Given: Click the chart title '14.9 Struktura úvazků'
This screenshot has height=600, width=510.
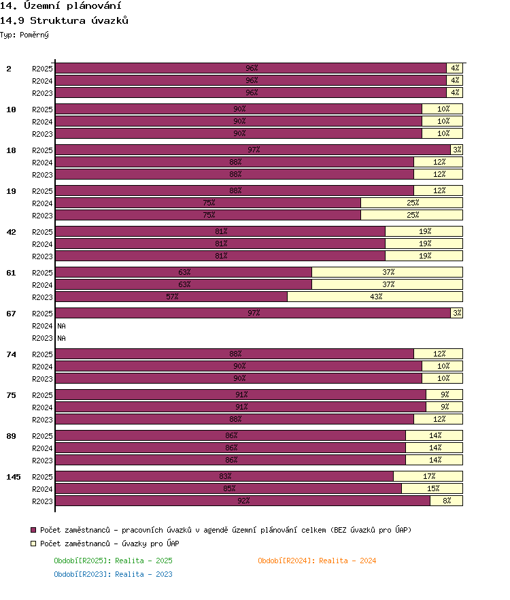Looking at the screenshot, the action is [x=64, y=20].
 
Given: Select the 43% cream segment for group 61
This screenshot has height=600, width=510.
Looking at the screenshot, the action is [x=375, y=297].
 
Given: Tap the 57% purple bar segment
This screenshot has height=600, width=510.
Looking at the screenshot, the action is [x=171, y=297].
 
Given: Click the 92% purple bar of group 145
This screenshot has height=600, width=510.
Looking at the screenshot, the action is [x=243, y=501].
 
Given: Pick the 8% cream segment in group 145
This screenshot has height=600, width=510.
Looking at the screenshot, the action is [x=447, y=501].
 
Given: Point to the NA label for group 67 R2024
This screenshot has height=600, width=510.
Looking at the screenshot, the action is [x=62, y=326].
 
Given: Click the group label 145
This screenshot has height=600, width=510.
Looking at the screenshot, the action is [x=14, y=477].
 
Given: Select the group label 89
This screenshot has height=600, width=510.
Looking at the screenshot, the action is [x=11, y=436].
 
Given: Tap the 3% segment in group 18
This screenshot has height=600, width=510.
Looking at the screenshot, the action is [x=457, y=150].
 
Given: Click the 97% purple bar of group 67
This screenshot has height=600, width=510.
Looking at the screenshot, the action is [x=253, y=313].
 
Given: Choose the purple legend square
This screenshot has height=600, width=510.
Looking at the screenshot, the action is [x=33, y=530].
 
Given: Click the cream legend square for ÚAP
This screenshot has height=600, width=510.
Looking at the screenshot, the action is [x=33, y=544].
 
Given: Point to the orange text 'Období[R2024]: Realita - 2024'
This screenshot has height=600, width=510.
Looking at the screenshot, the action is [x=317, y=561].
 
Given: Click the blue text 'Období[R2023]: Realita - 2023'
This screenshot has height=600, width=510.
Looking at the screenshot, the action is [x=113, y=574].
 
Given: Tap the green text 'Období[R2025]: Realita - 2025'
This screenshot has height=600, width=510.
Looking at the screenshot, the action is [x=113, y=561].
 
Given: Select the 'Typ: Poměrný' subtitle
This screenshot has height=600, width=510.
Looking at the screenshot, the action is [x=24, y=35].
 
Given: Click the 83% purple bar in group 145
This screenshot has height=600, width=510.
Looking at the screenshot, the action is [x=224, y=476].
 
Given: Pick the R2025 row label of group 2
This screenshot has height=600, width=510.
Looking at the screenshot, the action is [x=42, y=69].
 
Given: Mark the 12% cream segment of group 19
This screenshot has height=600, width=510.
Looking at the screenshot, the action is [x=438, y=190].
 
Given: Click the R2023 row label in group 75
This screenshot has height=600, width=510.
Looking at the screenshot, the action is [x=42, y=420].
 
